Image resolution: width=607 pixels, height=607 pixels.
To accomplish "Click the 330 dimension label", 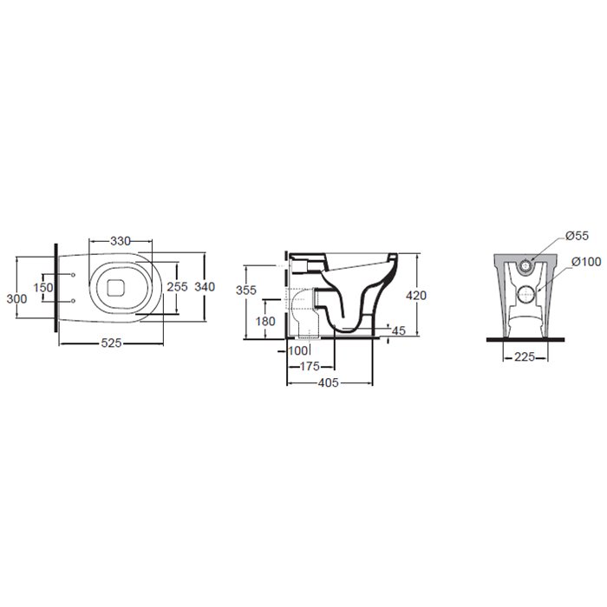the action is point(121,241).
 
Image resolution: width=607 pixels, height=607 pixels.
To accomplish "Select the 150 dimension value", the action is point(43,288).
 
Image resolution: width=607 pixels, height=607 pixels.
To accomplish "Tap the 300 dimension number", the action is point(16,298).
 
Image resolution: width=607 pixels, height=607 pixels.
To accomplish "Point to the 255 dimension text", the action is point(177,286).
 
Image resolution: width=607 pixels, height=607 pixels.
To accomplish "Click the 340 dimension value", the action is point(205,286).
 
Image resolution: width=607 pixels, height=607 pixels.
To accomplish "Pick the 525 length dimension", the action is point(112,343).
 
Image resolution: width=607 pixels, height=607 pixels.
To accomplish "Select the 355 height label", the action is point(246,290).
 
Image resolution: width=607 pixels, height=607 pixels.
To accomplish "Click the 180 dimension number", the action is point(265,321).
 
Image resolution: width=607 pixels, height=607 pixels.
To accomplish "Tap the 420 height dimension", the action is point(416,296).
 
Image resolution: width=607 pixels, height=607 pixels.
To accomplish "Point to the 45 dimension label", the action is point(399,330).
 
